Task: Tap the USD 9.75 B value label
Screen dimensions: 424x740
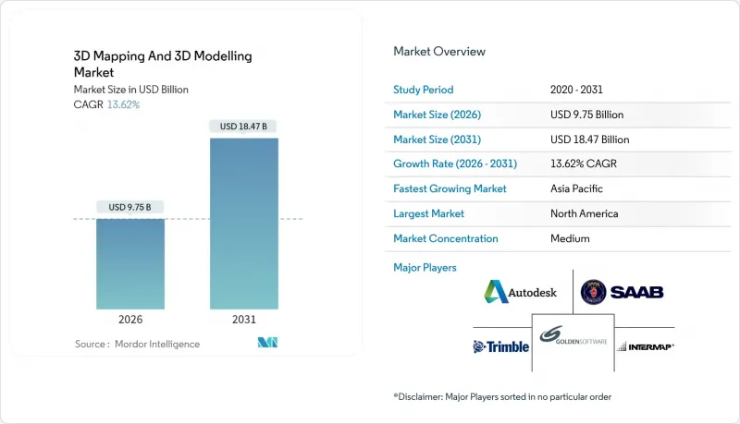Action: tap(130, 207)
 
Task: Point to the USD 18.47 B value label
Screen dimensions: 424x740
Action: tap(243, 127)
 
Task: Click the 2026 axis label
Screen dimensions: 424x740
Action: tap(130, 319)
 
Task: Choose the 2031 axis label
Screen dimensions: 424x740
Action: tap(243, 319)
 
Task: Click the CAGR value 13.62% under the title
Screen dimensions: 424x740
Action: tap(123, 104)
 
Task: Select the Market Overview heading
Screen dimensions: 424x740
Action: tap(439, 52)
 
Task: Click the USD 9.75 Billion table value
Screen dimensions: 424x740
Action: tap(586, 115)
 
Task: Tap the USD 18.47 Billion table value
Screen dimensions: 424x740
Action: tap(589, 139)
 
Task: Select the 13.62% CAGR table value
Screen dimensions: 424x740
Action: tap(584, 164)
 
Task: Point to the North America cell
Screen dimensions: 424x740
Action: tap(584, 213)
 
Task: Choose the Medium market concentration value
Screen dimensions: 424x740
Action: tap(569, 238)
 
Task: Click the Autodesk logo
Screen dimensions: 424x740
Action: tap(521, 293)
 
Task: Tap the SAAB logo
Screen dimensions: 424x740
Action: tap(622, 293)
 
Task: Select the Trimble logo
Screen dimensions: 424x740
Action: tap(501, 346)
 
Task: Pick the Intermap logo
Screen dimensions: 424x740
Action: tap(645, 346)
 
